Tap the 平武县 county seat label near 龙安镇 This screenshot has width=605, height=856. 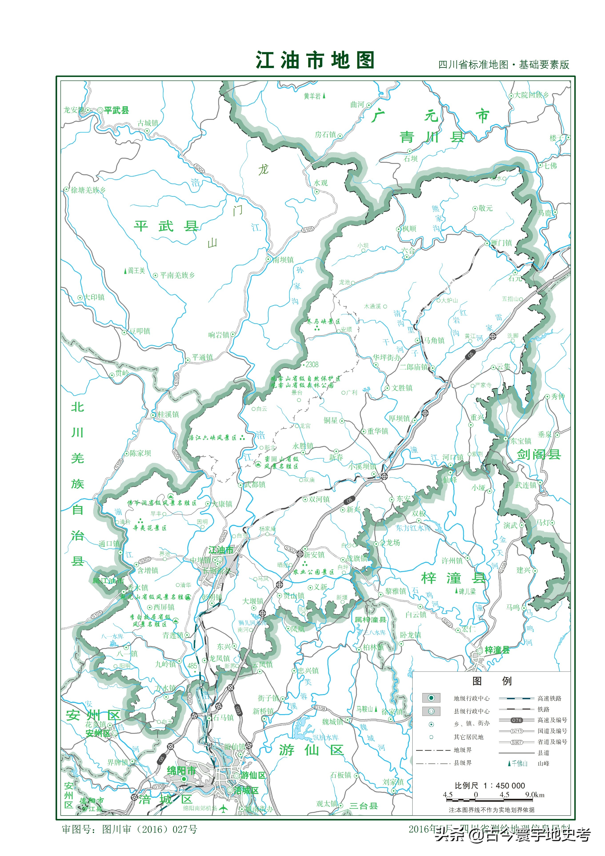coord(116,110)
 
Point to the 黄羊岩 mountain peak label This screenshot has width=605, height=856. coord(312,96)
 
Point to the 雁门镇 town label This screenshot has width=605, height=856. coord(501,243)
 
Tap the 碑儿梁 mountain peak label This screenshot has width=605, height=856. coord(467,591)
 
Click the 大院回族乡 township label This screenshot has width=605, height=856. coord(531,95)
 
